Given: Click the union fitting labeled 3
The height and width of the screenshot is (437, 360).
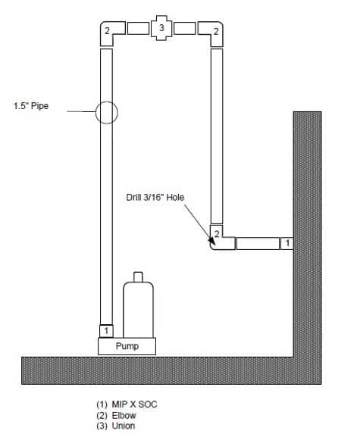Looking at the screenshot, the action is point(161,28).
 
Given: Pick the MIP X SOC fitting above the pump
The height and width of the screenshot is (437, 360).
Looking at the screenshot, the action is point(106,331).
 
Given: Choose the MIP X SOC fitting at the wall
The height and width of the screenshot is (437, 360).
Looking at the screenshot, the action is point(286,243).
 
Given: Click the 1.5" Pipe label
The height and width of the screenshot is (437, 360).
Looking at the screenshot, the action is point(31,106).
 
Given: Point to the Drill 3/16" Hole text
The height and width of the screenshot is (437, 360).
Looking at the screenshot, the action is point(155,198).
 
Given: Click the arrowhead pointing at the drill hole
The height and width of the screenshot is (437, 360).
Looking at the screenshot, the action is point(211,241).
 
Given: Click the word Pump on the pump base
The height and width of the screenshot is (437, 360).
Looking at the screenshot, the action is point(127,346).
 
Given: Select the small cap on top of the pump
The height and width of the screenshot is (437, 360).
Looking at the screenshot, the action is point(138,276).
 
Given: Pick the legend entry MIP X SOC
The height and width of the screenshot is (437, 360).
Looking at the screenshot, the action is point(127,404).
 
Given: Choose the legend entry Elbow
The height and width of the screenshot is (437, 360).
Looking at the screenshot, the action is point(116,415).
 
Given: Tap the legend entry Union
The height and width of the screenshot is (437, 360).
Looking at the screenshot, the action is point(116,426).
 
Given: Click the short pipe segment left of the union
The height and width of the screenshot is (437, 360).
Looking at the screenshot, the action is point(138,29).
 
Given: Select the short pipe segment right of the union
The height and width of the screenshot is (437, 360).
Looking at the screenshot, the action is point(184,29).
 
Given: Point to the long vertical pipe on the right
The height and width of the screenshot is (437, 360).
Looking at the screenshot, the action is point(217,136).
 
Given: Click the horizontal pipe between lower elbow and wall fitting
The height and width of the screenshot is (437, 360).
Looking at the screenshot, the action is point(258,243).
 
